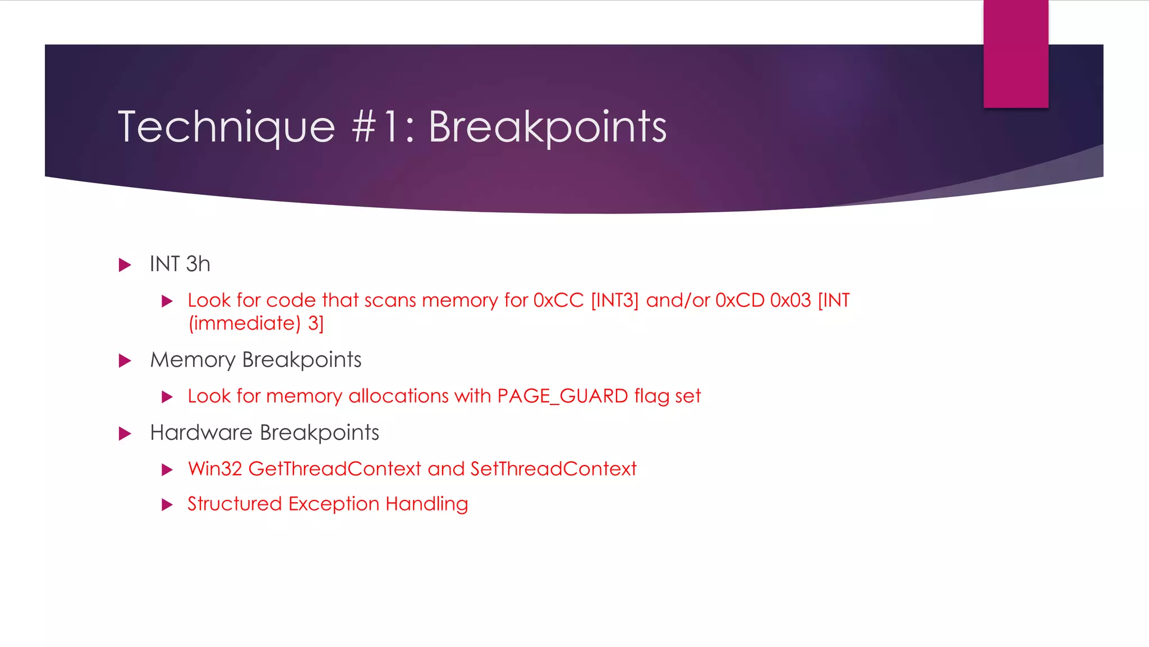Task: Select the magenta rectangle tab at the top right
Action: coord(1015,54)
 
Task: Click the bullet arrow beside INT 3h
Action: coord(125,265)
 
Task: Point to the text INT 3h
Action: coord(180,264)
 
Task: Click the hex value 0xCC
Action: coord(558,300)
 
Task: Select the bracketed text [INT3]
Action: coord(615,300)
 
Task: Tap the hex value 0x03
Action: coord(790,300)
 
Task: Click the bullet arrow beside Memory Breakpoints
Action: coord(125,361)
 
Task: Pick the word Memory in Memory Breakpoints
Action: coord(192,360)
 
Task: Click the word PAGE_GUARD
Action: coord(562,396)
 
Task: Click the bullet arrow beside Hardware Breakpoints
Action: coord(125,434)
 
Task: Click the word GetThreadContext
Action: coord(334,469)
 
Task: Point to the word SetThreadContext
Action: coord(553,469)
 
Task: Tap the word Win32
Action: coord(215,469)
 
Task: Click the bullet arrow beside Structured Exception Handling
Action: coord(167,505)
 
